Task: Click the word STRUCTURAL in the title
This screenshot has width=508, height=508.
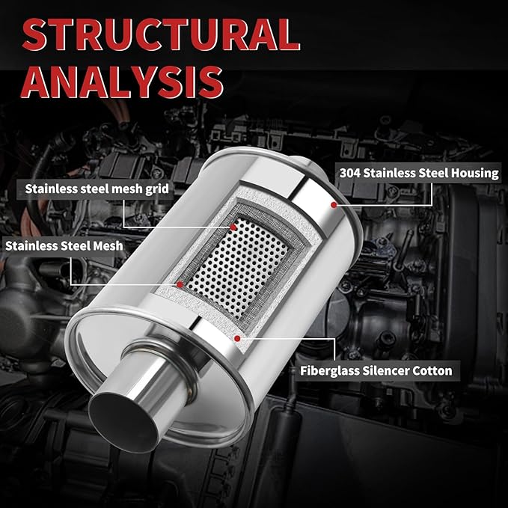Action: (x=161, y=34)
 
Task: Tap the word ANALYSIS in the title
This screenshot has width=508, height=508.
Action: (x=122, y=82)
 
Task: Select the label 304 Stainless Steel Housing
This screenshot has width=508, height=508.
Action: (x=419, y=173)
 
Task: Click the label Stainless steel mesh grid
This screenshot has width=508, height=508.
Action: (x=97, y=189)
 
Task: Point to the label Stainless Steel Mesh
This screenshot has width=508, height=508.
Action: (x=64, y=246)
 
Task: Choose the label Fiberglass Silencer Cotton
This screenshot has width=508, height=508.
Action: (x=376, y=370)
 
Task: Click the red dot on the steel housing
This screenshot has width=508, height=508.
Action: (x=334, y=205)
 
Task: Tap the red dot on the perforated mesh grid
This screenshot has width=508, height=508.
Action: (x=233, y=227)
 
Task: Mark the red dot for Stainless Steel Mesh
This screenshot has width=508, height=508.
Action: (x=180, y=284)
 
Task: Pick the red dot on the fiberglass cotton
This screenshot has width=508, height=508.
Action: (x=237, y=339)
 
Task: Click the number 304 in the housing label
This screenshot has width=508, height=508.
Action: (x=349, y=173)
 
